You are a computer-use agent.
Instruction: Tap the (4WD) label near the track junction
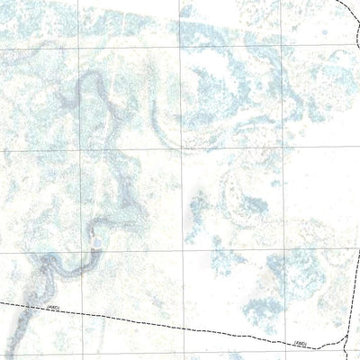click(301, 343)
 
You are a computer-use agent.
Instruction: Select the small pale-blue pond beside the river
click(94, 238)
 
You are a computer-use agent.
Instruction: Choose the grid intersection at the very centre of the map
click(184, 150)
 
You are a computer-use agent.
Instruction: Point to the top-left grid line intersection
click(79, 46)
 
